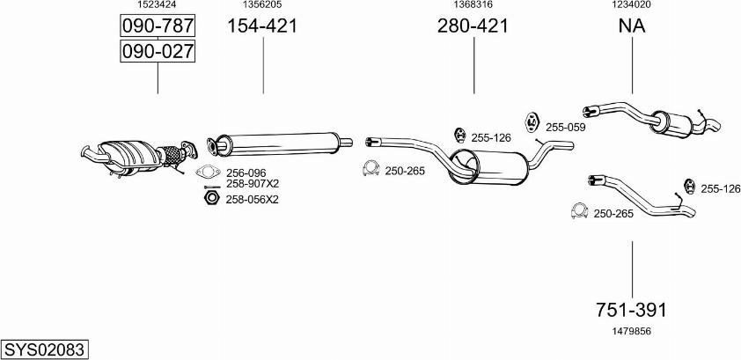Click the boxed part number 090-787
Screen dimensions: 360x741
[x=158, y=26]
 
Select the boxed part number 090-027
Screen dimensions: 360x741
[x=158, y=52]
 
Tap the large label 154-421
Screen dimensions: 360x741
[x=262, y=26]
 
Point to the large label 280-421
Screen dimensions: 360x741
[x=473, y=26]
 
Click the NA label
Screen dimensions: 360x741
[x=632, y=26]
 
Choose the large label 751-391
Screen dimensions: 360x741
[x=632, y=310]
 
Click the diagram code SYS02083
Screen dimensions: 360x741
[x=44, y=349]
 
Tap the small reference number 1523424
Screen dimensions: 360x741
[x=158, y=5]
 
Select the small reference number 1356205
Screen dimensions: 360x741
[x=262, y=5]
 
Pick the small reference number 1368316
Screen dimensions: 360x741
[x=473, y=5]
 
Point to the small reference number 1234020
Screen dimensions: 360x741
[x=632, y=5]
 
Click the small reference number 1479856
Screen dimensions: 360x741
[x=632, y=331]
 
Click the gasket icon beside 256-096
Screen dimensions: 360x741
[x=208, y=172]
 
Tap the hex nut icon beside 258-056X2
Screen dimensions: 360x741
[x=209, y=199]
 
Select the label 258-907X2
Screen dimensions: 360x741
[x=252, y=184]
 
